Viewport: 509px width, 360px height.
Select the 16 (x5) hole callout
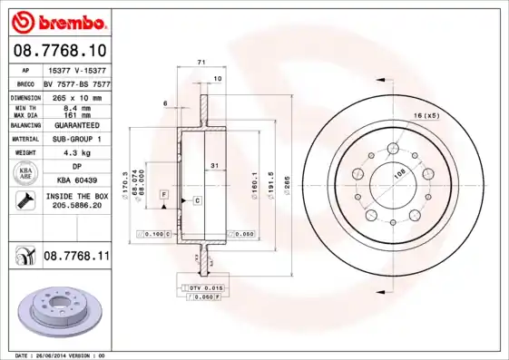(426, 116)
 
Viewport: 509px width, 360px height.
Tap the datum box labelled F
(164, 194)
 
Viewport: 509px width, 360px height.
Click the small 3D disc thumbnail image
(55, 310)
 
